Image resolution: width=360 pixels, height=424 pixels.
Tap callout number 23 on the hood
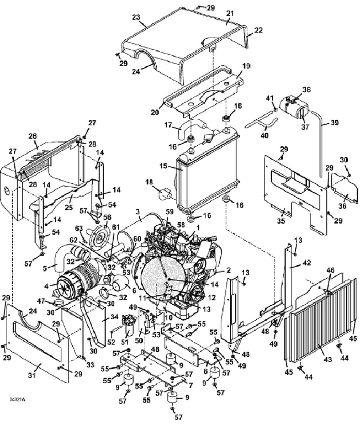[x=136, y=18]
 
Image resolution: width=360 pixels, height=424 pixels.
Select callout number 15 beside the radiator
[x=163, y=166]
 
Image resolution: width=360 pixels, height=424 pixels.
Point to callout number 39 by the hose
[x=335, y=123]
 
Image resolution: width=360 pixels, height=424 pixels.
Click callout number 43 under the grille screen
[x=327, y=359]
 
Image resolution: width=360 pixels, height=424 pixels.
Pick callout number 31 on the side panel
[x=32, y=375]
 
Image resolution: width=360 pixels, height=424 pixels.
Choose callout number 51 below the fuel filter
[x=124, y=342]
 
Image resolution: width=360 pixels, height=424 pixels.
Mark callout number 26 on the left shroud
[x=32, y=135]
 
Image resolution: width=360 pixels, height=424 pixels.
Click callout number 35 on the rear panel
[x=281, y=221]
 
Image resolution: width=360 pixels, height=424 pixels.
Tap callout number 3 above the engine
[x=139, y=211]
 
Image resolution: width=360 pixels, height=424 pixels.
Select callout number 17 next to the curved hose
[x=168, y=125]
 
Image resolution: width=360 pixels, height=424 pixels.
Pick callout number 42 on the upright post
[x=307, y=263]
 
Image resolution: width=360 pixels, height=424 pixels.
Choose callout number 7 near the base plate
[x=190, y=385]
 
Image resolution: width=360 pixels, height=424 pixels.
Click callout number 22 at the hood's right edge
[x=258, y=30]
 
